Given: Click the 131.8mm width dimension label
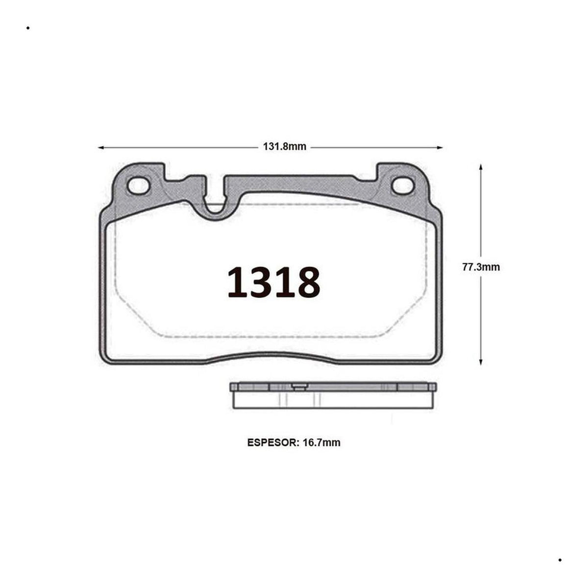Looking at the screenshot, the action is click(284, 147).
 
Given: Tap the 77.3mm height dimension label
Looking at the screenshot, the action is click(481, 268).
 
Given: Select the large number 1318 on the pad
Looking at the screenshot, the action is click(274, 282).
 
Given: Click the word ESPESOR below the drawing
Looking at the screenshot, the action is click(272, 442).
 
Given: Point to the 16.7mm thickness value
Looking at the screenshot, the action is click(321, 442).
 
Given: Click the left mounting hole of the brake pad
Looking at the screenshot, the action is click(139, 186).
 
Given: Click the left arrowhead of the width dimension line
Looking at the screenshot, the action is click(101, 147).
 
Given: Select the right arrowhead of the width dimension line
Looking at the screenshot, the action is click(440, 147).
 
